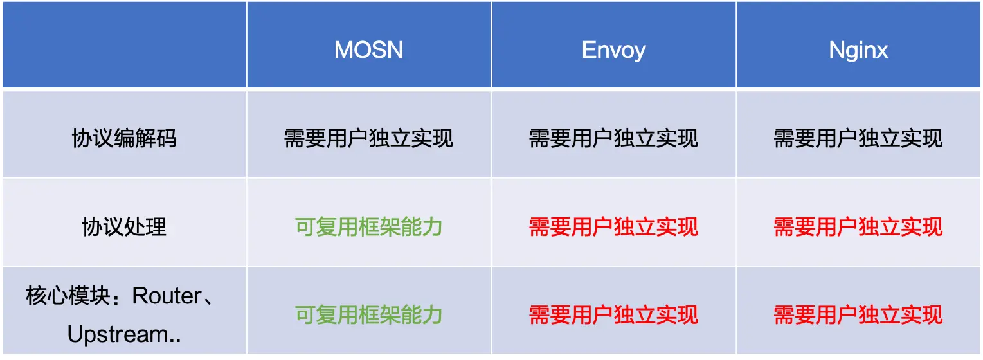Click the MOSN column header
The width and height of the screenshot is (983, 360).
coord(368,50)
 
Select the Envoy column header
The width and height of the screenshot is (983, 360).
coord(613,50)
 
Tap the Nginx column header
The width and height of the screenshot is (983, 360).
coord(858,50)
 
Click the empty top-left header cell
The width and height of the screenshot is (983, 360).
coord(123,45)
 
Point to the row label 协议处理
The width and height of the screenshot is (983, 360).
coord(123,226)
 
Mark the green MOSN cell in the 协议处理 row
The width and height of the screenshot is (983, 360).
coord(368,226)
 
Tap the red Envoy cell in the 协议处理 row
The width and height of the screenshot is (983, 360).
coord(613,226)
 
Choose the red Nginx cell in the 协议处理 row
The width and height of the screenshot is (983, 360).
coord(858,226)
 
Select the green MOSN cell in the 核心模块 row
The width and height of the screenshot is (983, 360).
coord(368,314)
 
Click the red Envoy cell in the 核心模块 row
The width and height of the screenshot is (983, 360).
coord(613,314)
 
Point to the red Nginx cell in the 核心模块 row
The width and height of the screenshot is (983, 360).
coord(858,314)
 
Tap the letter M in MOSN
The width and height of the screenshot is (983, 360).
coord(345,50)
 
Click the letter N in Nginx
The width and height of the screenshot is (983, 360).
coord(836,50)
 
